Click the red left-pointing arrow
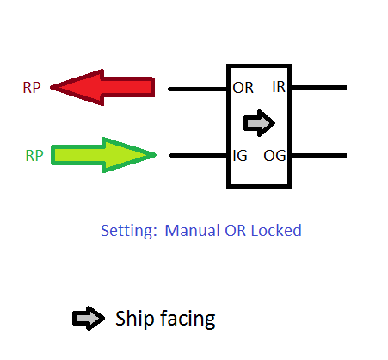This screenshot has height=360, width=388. click(102, 87)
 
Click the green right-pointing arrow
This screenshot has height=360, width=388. click(103, 155)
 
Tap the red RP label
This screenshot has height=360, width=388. click(32, 88)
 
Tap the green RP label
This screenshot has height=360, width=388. click(34, 156)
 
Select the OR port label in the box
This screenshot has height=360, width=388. click(243, 88)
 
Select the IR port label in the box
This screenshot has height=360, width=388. click(279, 87)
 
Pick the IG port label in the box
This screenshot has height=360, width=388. click(240, 156)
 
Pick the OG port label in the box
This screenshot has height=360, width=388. click(274, 156)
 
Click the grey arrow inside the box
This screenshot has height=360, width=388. click(259, 123)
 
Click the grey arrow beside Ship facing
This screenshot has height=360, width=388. click(89, 318)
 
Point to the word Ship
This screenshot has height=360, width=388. click(135, 319)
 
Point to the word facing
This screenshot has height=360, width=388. click(188, 319)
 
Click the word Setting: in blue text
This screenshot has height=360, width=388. click(129, 231)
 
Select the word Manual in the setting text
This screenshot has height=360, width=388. click(192, 230)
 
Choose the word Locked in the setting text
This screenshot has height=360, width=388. click(276, 230)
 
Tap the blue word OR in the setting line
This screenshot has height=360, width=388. click(235, 230)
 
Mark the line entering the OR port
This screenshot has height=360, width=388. click(198, 89)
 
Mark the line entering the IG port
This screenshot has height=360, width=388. click(199, 155)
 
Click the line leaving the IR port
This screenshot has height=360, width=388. click(319, 87)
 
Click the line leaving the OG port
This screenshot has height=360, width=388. click(319, 155)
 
